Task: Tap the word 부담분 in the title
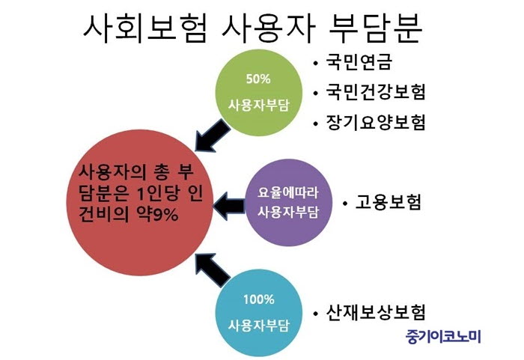[x=376, y=29]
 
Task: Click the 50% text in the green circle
[x=258, y=79]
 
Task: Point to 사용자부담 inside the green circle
[x=258, y=105]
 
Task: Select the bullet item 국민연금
[x=359, y=62]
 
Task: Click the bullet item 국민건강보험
[x=375, y=91]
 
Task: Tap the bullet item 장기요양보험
[x=375, y=122]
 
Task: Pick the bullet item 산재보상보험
[x=375, y=312]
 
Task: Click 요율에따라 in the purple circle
[x=288, y=192]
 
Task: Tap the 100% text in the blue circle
[x=258, y=299]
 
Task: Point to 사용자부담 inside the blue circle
[x=258, y=326]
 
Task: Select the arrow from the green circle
[x=213, y=135]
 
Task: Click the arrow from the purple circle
[x=229, y=206]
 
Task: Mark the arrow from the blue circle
[x=213, y=270]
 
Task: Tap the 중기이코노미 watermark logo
[x=443, y=336]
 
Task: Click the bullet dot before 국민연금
[x=315, y=63]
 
